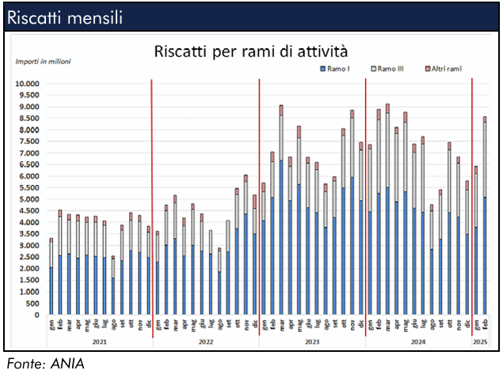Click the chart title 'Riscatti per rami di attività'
pyautogui.click(x=250, y=52)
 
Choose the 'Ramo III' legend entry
pyautogui.click(x=391, y=70)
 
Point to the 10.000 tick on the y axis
pyautogui.click(x=28, y=83)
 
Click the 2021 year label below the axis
pyautogui.click(x=99, y=342)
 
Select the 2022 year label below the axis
pyautogui.click(x=205, y=342)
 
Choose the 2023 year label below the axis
pyautogui.click(x=311, y=342)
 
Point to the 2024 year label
pyautogui.click(x=417, y=342)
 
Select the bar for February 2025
pyautogui.click(x=485, y=253)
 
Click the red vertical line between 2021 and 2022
pyautogui.click(x=152, y=198)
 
